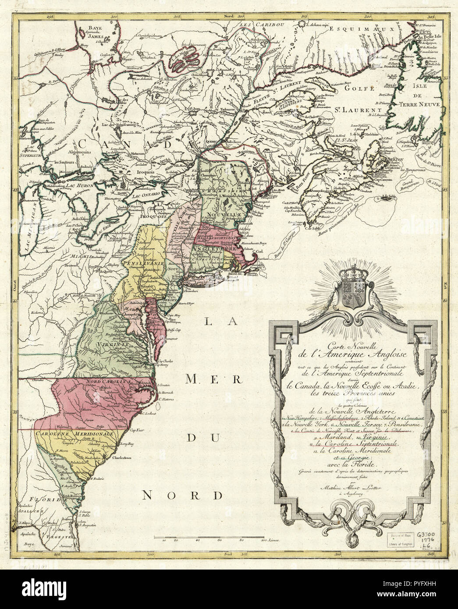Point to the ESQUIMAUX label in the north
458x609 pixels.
(350, 29)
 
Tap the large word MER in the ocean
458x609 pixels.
(205, 380)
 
